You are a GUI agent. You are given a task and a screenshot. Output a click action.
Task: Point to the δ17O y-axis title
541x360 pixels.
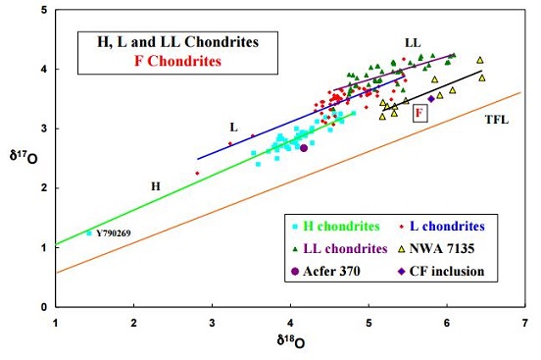point(19,157)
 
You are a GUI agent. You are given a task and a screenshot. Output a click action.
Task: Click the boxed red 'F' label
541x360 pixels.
point(418,114)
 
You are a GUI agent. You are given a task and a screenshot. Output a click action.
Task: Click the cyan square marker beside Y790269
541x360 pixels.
point(89,232)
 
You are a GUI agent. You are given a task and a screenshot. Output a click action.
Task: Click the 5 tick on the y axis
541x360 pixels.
point(45,10)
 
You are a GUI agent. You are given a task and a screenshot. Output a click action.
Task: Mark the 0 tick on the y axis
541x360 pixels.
point(45,306)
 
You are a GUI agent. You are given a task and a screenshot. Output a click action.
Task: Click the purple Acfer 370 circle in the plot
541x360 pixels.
point(304,148)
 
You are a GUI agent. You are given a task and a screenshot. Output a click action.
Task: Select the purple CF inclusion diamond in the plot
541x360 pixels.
point(430,98)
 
